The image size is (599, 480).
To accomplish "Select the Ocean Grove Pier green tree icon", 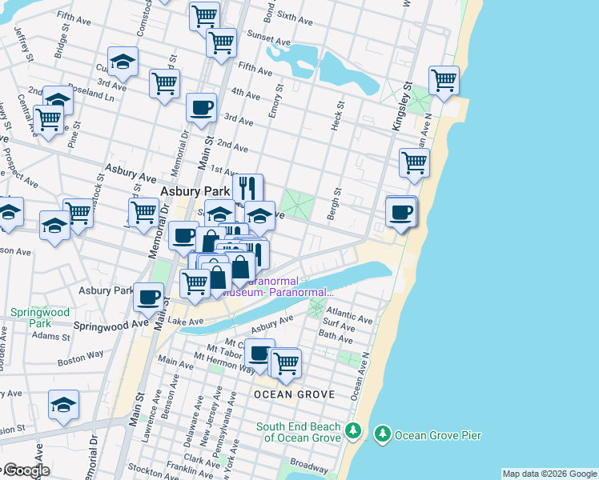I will [x=382, y=434].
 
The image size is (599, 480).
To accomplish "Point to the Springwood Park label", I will [x=29, y=318].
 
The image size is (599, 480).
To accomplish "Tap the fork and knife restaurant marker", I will [x=248, y=188].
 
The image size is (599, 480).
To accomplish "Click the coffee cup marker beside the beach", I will [x=401, y=212].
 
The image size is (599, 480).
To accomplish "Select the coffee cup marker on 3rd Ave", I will [x=201, y=107].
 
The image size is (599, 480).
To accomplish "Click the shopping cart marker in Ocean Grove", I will [x=285, y=362].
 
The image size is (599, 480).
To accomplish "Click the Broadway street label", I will [x=309, y=464].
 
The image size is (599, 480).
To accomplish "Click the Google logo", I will [x=26, y=470].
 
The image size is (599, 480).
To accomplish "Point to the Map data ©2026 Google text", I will [x=549, y=474].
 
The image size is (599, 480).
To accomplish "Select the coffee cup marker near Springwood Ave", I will [x=148, y=297].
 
